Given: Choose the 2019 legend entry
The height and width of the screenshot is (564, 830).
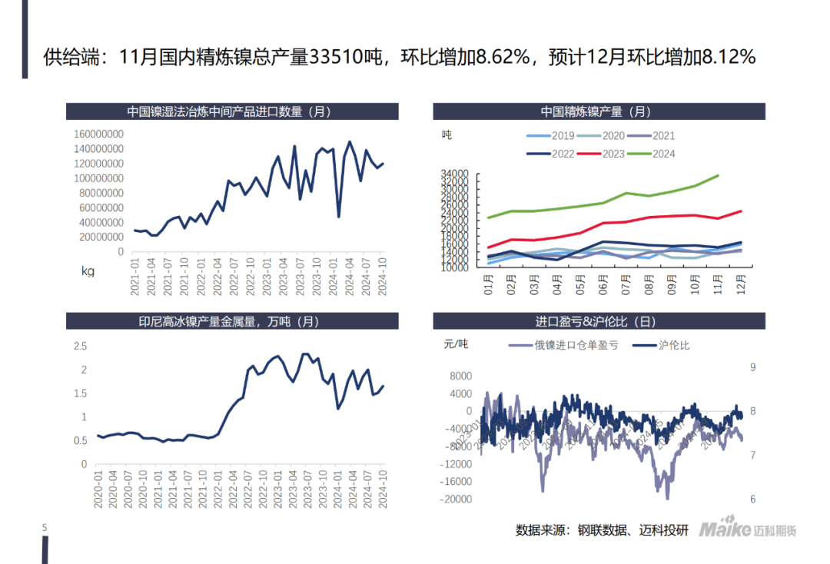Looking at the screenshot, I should tap(563, 136).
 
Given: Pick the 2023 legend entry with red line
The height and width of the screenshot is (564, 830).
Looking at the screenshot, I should tap(613, 154).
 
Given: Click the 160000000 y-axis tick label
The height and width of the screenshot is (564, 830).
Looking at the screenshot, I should tap(98, 134).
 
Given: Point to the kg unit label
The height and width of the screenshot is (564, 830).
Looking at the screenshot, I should tap(88, 270).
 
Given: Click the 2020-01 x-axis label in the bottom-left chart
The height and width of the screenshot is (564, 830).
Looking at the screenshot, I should tap(98, 489).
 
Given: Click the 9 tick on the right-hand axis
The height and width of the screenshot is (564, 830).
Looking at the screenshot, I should tap(752, 367).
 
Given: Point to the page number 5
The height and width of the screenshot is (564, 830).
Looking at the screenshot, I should tap(45, 527).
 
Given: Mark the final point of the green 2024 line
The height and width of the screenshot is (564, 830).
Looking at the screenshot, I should tap(719, 175).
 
